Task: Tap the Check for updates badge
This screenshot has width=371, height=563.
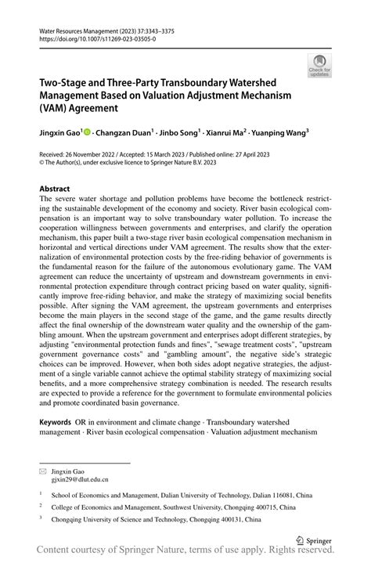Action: [319, 67]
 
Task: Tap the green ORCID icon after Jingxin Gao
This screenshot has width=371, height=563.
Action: [88, 133]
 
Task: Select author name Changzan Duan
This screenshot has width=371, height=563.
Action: [126, 133]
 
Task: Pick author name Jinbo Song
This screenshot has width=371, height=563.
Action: [183, 133]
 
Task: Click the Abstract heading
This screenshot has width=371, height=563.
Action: [54, 189]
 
